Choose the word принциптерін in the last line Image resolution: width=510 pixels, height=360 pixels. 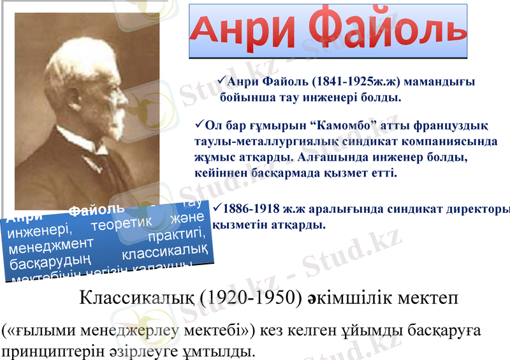click(45, 351)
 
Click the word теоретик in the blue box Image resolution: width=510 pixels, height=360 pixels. click(119, 225)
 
